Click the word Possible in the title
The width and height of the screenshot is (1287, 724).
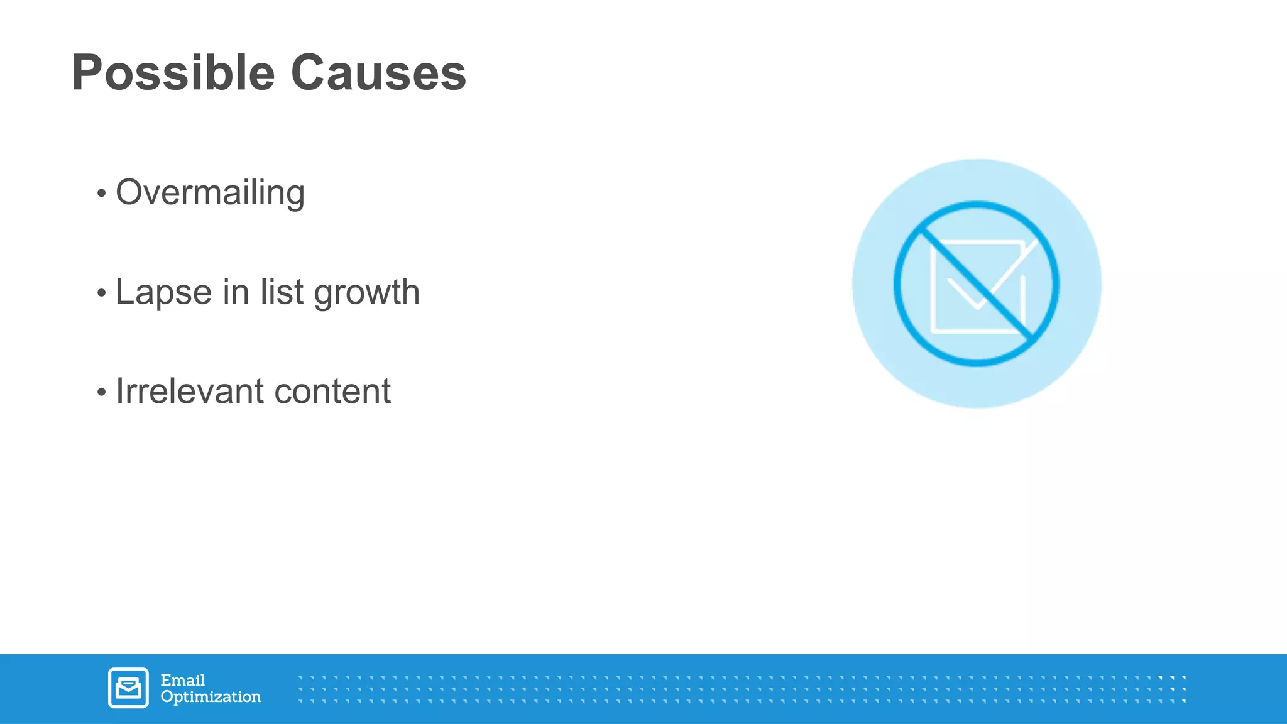[173, 74]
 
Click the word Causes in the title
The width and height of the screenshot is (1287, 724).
[378, 74]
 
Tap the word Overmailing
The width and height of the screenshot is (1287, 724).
[210, 193]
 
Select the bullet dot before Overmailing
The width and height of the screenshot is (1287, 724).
[102, 194]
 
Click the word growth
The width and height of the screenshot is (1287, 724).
[366, 293]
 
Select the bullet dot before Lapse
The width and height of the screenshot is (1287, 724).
[102, 293]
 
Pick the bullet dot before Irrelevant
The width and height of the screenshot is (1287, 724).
[102, 393]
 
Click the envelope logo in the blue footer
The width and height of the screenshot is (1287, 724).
[128, 688]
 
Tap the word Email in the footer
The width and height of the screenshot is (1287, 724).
[182, 681]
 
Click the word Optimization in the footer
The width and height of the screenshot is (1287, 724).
[211, 697]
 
